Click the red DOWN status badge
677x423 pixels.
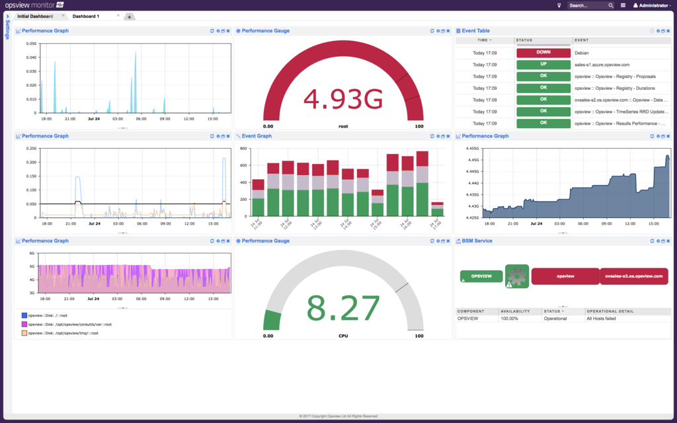pos(543,53)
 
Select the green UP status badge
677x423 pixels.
pos(543,65)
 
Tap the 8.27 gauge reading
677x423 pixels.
pos(343,308)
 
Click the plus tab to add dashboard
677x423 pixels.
pos(129,17)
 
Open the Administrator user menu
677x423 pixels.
pos(653,5)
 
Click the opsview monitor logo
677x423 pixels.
pos(40,5)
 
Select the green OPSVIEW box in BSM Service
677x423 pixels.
pos(481,276)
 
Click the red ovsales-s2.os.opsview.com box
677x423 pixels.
pos(633,276)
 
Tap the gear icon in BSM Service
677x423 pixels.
pos(518,276)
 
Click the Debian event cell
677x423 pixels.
pos(582,53)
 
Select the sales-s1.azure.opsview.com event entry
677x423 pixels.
pos(602,65)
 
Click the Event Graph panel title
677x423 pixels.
pos(257,136)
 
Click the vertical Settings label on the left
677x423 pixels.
pos(7,30)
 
